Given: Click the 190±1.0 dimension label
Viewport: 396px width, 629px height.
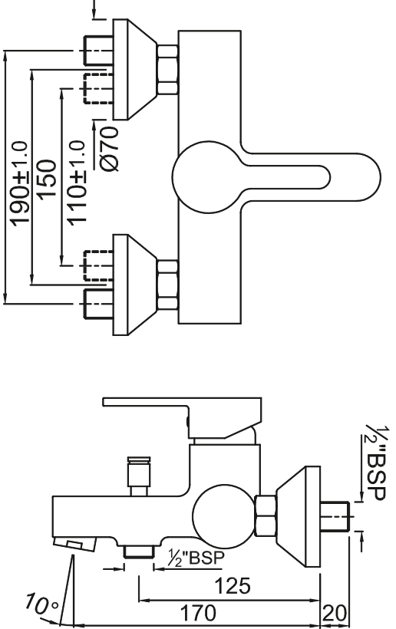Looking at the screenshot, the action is click(x=20, y=183).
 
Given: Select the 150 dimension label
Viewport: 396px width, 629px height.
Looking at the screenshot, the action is click(x=47, y=179).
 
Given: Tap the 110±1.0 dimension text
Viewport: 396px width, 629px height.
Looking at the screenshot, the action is click(x=76, y=183).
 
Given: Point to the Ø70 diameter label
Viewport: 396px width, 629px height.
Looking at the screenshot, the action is click(x=109, y=149).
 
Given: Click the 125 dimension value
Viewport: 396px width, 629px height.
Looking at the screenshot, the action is click(x=233, y=586).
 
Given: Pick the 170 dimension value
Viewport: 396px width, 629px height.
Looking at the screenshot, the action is click(x=198, y=614).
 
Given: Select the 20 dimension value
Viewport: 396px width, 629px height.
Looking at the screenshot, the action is click(x=334, y=614).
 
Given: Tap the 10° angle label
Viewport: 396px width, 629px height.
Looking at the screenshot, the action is click(x=41, y=605).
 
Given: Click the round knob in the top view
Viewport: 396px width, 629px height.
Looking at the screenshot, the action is click(x=208, y=177).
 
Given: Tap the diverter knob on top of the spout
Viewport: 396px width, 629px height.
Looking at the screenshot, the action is click(x=139, y=476).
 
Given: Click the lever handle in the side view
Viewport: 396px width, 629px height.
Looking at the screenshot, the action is click(x=183, y=417).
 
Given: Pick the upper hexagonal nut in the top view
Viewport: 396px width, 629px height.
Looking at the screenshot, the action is click(x=168, y=70).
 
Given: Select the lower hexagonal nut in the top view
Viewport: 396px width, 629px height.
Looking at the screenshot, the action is click(x=168, y=285).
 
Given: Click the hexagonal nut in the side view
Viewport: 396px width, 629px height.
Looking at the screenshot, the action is click(x=266, y=515).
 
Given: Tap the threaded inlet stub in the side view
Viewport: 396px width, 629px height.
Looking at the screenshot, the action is click(x=336, y=515).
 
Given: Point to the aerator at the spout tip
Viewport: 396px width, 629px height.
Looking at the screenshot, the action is click(x=75, y=545).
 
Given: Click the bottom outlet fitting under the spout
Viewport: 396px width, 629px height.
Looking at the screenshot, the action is click(x=139, y=552).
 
